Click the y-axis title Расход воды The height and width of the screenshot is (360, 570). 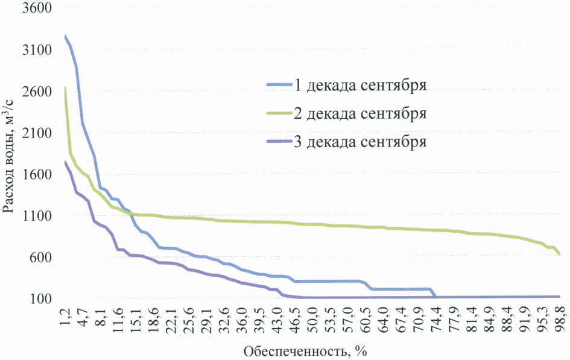point(8,155)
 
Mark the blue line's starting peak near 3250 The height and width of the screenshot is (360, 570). point(65,37)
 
